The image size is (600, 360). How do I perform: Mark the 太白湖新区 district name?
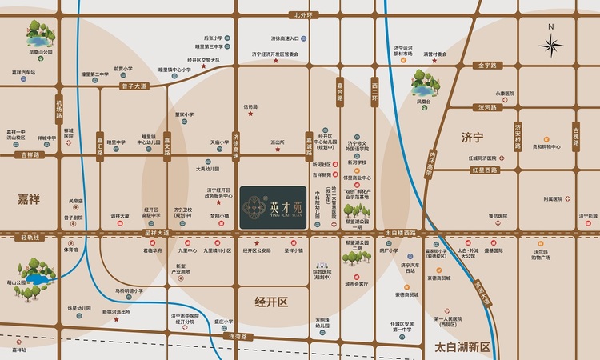click(x=462, y=346)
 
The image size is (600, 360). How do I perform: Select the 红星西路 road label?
click(x=484, y=170)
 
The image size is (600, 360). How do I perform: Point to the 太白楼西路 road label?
click(x=401, y=233)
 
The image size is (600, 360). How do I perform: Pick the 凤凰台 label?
click(x=423, y=102)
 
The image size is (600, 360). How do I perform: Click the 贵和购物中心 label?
click(x=547, y=146)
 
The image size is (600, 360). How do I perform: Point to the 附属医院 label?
click(x=552, y=198)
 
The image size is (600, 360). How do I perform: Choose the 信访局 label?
click(x=250, y=106)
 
